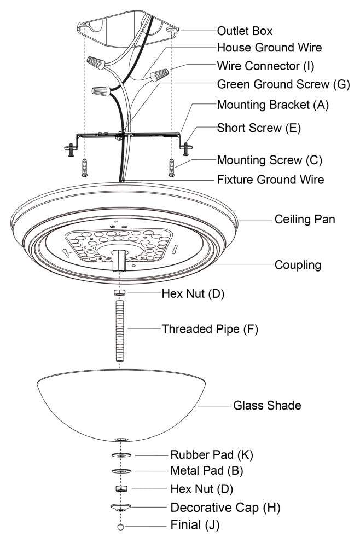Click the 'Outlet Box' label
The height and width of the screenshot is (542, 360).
pyautogui.click(x=245, y=30)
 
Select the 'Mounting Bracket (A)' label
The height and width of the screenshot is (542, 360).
pyautogui.click(x=273, y=105)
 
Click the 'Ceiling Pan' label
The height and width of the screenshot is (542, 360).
pyautogui.click(x=305, y=220)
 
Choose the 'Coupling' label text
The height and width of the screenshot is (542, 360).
pyautogui.click(x=297, y=265)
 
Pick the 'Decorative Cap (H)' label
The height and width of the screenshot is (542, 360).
pyautogui.click(x=225, y=508)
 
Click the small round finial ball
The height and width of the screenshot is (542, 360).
pyautogui.click(x=121, y=527)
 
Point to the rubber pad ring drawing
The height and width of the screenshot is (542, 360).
pyautogui.click(x=121, y=455)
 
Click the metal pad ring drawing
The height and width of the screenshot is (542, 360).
pyautogui.click(x=121, y=471)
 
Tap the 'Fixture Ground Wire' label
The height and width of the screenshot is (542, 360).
pyautogui.click(x=270, y=179)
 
